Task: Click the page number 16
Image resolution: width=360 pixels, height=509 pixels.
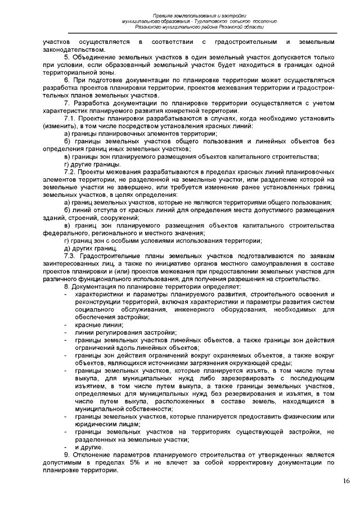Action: (x=345, y=480)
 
